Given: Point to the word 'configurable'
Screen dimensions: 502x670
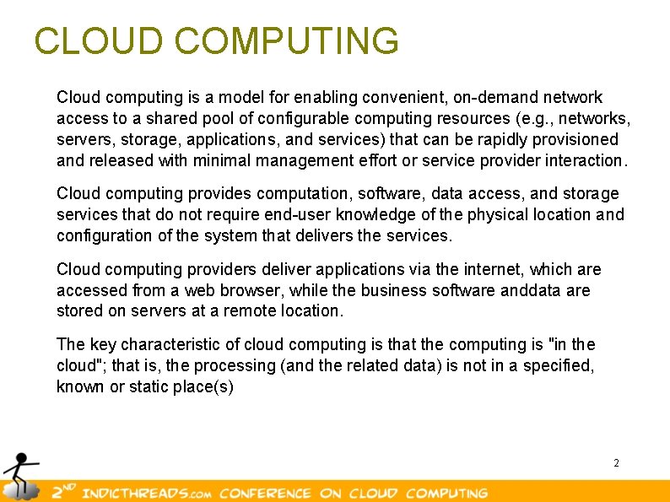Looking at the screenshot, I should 304,119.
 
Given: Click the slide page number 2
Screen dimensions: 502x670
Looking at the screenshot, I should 616,463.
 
